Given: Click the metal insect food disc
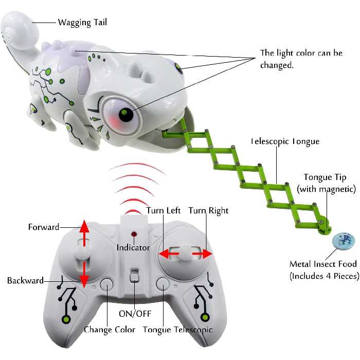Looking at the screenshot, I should click(x=344, y=241).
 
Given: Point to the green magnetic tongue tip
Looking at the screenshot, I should click(x=324, y=224).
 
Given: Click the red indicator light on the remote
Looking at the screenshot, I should click(x=133, y=232).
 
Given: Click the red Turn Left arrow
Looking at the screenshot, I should click(x=168, y=254).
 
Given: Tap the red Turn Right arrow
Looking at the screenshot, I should click(x=202, y=254).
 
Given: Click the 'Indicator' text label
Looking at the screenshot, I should click(x=133, y=247).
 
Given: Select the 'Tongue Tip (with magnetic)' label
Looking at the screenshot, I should click(x=326, y=183).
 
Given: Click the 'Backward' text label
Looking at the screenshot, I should click(x=25, y=280).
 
